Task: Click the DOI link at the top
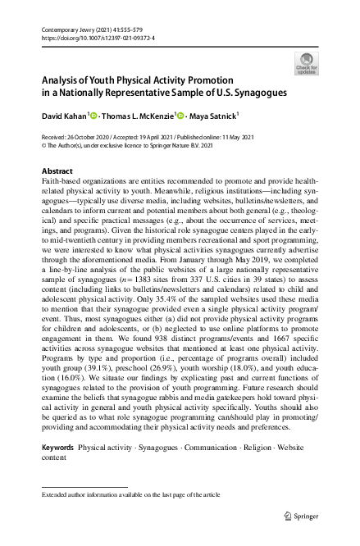click(x=92, y=38)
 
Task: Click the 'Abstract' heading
click(x=57, y=171)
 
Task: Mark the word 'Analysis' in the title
click(x=63, y=81)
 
